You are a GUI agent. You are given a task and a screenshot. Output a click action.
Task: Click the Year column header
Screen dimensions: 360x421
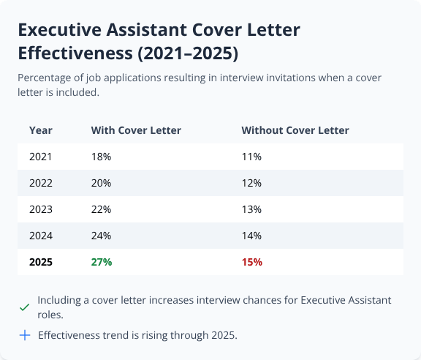click(x=40, y=130)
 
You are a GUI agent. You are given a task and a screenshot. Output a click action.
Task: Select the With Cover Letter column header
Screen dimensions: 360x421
click(x=136, y=130)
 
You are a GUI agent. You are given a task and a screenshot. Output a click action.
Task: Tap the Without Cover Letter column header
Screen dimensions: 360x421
click(x=295, y=130)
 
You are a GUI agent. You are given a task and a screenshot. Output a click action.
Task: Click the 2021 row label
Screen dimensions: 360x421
click(x=41, y=157)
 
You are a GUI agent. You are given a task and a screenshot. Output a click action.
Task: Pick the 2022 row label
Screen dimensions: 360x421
click(x=41, y=183)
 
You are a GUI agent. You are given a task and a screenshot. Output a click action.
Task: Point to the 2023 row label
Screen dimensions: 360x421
click(x=41, y=209)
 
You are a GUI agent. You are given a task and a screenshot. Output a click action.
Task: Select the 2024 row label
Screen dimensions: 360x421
click(x=41, y=236)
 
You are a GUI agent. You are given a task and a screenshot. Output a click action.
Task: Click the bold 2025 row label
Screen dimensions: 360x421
click(x=41, y=262)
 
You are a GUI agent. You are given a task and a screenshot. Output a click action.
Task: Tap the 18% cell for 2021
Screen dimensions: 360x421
click(x=101, y=157)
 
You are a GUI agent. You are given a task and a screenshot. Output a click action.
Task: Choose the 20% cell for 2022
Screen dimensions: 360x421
click(x=101, y=183)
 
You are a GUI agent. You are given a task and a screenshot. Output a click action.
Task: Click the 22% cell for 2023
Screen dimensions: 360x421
click(x=101, y=209)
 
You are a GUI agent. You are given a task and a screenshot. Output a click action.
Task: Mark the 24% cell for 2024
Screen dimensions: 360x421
click(x=101, y=236)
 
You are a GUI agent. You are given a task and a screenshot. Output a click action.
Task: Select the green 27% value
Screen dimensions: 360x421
click(x=102, y=262)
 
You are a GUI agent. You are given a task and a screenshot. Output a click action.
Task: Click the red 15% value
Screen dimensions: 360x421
click(x=251, y=262)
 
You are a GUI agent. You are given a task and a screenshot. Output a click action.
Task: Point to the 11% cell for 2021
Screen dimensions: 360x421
click(x=251, y=157)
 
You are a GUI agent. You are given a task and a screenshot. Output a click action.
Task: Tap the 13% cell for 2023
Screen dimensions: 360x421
click(x=251, y=209)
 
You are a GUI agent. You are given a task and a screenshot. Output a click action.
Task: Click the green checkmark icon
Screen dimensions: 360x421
click(x=25, y=308)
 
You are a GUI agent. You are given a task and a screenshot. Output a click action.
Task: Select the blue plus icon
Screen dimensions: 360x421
click(x=25, y=335)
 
